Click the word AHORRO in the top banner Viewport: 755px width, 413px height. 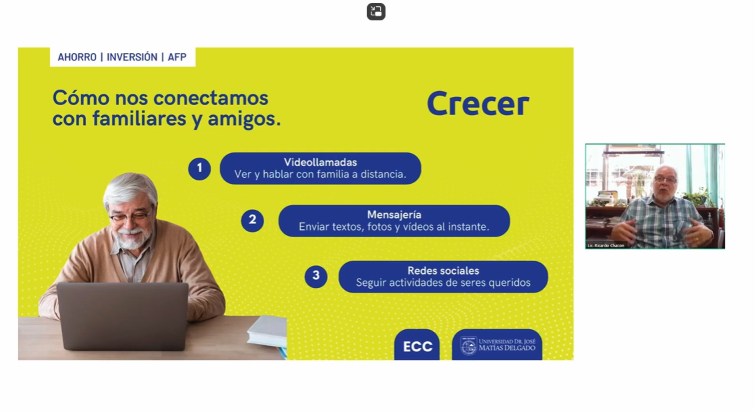(x=77, y=57)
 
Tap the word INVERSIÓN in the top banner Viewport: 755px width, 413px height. (x=132, y=57)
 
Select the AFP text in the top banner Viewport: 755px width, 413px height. (x=177, y=57)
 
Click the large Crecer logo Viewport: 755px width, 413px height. (x=478, y=104)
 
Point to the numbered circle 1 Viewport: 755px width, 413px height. (x=199, y=169)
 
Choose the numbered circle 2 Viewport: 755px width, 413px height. (x=252, y=221)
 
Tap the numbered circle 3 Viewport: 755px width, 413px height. (x=316, y=276)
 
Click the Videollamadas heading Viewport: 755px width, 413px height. (x=320, y=162)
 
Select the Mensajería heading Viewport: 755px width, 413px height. (x=394, y=215)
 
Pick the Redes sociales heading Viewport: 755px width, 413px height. (x=443, y=271)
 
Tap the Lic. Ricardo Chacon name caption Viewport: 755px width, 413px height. (x=606, y=246)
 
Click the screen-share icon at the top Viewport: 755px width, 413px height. (x=376, y=12)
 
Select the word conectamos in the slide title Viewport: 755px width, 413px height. (x=211, y=98)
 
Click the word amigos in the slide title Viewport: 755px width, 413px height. (x=244, y=119)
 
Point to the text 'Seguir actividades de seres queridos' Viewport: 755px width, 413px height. (x=443, y=283)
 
